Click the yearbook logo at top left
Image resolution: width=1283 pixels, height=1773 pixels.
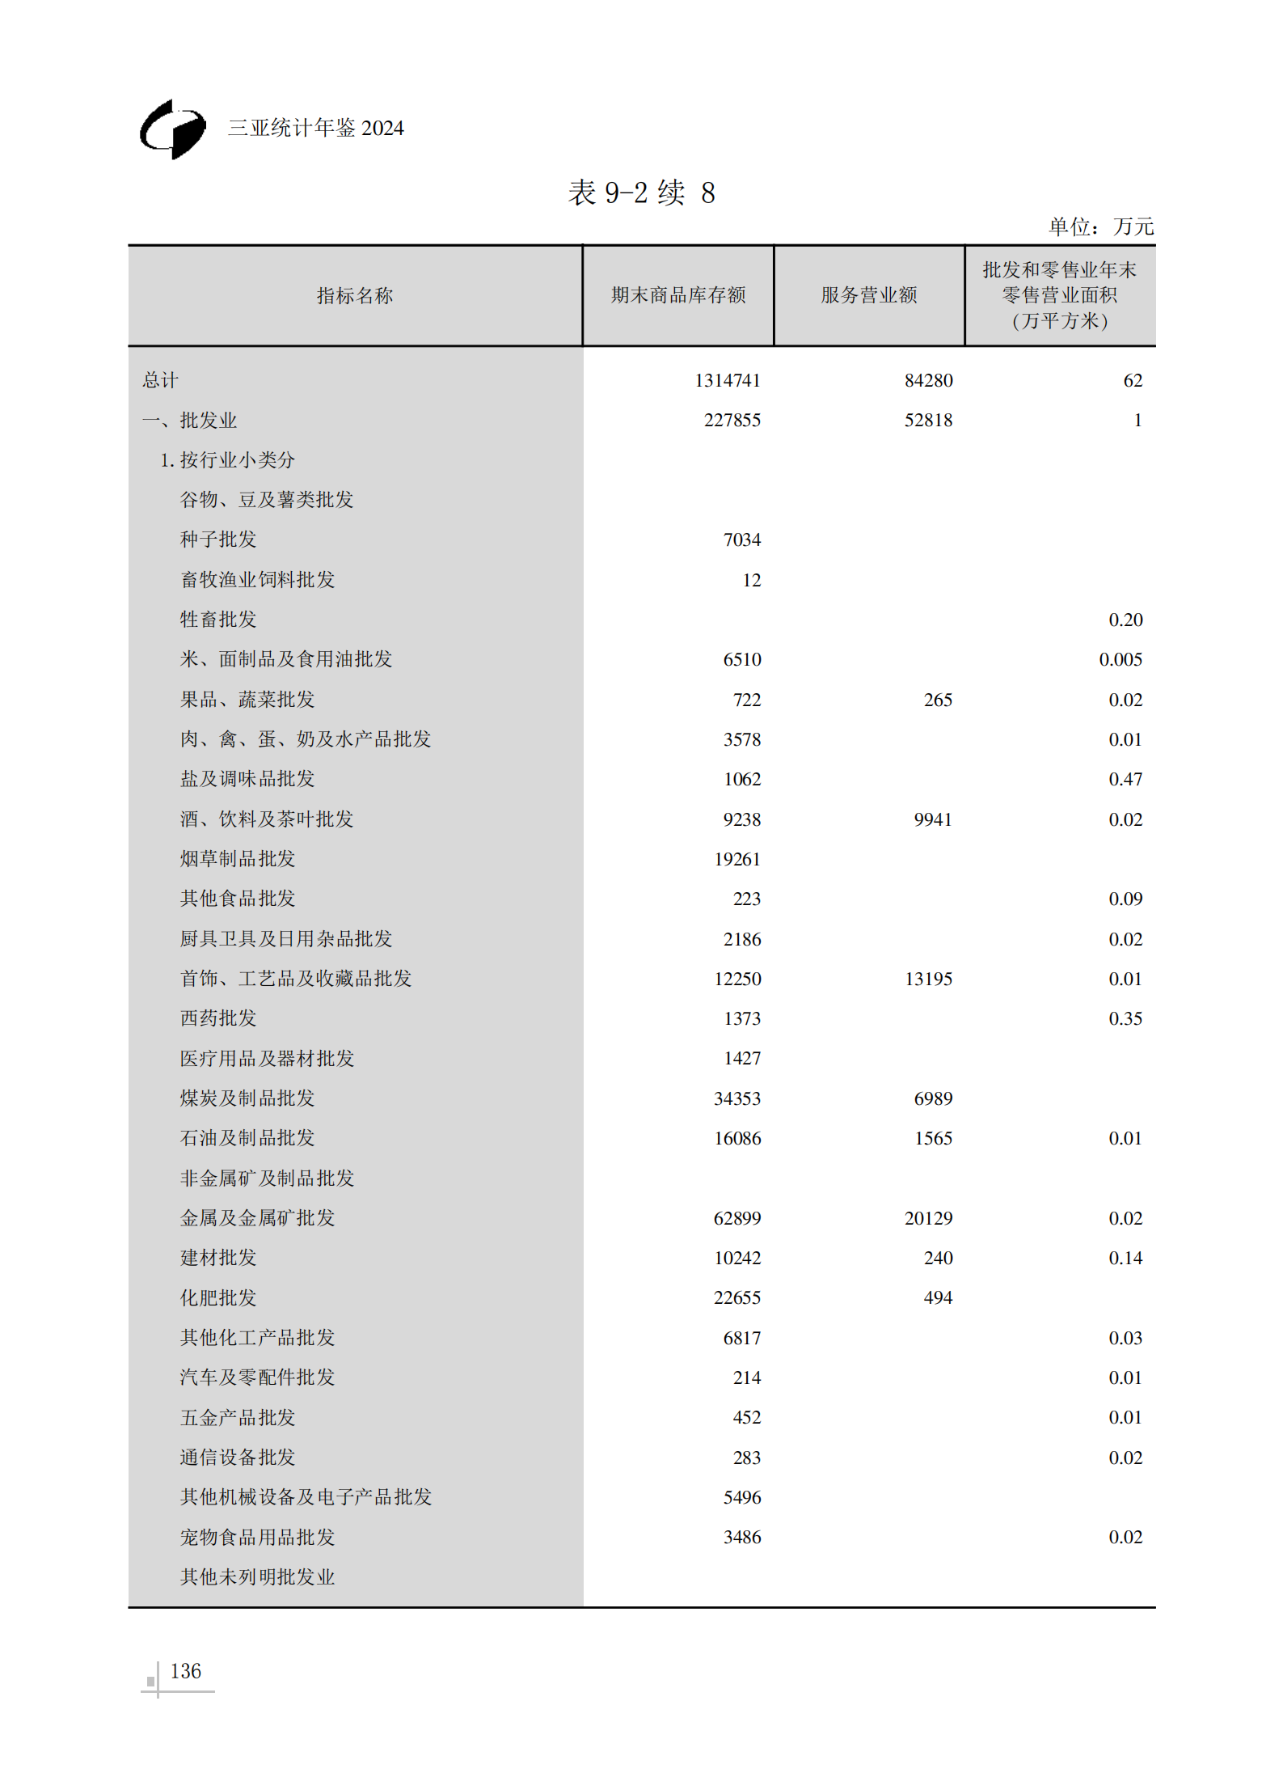pos(173,129)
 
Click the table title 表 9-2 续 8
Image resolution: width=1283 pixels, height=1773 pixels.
pos(641,193)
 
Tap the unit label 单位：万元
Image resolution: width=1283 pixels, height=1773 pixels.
pos(1100,226)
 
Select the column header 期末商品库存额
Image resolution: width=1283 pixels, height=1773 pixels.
pos(677,295)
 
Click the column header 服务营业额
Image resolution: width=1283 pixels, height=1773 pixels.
pos(868,295)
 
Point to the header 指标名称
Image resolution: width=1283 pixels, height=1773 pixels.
pos(354,296)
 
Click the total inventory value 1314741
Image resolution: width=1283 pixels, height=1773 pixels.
pos(727,380)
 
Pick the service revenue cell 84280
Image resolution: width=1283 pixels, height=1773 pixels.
pos(928,380)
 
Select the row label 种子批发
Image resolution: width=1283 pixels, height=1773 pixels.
pos(217,540)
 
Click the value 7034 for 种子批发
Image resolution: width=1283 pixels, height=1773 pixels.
pos(741,540)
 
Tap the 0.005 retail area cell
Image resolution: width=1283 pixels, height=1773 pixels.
pos(1120,659)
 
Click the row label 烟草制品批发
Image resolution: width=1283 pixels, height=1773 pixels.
pos(237,859)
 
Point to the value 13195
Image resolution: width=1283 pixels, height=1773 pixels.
pos(928,979)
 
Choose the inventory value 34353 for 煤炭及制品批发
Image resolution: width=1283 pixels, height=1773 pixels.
pos(736,1098)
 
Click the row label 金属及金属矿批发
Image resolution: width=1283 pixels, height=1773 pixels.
pos(257,1218)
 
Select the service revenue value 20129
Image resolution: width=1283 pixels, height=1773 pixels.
pos(928,1218)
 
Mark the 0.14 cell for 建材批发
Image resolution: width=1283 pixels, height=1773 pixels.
pos(1125,1258)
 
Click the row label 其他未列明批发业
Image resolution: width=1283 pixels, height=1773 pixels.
pos(257,1576)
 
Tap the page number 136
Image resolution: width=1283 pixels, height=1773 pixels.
pos(185,1671)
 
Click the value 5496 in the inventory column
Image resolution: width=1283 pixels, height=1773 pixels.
pos(741,1497)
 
